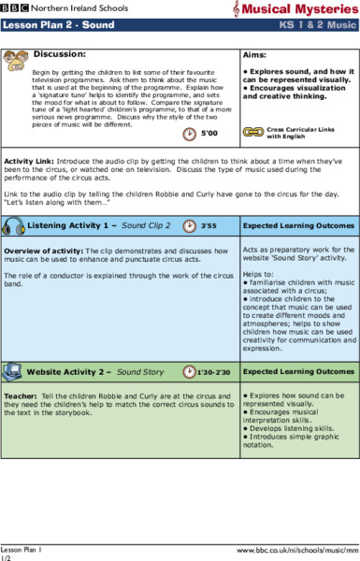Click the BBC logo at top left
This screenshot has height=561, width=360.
point(16,7)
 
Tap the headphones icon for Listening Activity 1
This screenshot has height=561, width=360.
point(14,226)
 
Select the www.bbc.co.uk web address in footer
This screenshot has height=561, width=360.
point(297,551)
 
